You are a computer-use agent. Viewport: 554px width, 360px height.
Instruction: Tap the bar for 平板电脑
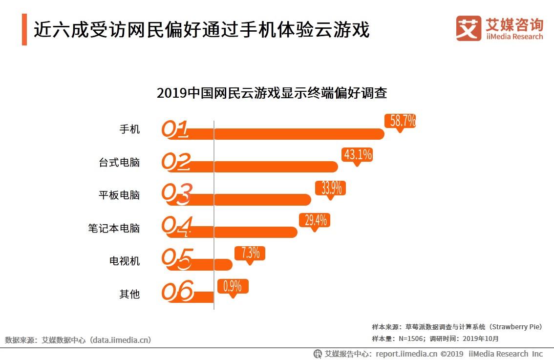[261, 199]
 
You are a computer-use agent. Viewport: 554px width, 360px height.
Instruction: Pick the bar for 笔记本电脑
[255, 232]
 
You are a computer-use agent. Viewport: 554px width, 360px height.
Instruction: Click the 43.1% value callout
[358, 155]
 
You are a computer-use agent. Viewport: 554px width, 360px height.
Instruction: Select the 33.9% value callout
[331, 188]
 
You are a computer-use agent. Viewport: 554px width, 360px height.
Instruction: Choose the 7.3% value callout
[250, 253]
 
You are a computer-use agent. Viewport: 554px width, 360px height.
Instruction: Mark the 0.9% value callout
[233, 286]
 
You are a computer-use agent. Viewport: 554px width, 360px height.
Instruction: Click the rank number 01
[175, 129]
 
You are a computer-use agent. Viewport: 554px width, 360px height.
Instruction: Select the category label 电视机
[125, 261]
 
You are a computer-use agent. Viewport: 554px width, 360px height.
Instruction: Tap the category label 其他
[129, 294]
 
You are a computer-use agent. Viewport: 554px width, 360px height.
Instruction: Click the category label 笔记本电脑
[114, 228]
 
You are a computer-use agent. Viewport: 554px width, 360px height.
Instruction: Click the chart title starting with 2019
[272, 93]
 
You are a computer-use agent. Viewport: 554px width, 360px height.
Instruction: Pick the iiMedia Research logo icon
[468, 28]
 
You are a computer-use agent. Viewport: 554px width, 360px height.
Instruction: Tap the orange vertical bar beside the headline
[24, 30]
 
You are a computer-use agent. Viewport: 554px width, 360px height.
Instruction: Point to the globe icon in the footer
[318, 354]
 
